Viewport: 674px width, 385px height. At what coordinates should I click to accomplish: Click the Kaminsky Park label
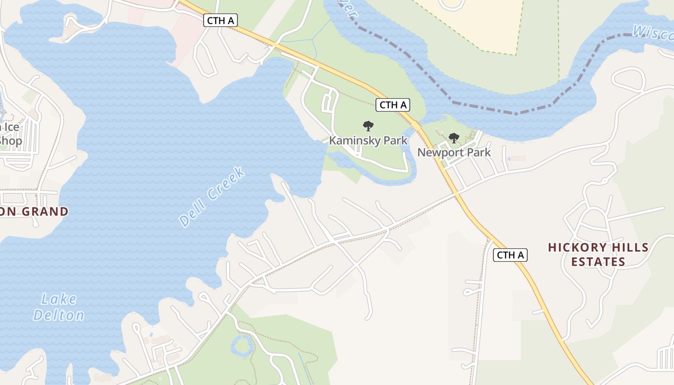pyautogui.click(x=368, y=141)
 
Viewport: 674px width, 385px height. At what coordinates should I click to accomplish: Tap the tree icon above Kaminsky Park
pyautogui.click(x=368, y=127)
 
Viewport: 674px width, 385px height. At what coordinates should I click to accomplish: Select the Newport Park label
pyautogui.click(x=454, y=153)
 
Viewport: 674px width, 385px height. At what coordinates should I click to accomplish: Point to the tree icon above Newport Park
pyautogui.click(x=454, y=139)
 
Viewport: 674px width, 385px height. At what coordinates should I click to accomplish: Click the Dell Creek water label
pyautogui.click(x=212, y=197)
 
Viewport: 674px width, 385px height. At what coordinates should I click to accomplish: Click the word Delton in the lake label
pyautogui.click(x=59, y=315)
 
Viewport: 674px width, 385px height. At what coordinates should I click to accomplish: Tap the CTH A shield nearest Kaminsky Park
pyautogui.click(x=393, y=104)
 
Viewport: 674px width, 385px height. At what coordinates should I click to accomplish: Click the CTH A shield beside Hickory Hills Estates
pyautogui.click(x=510, y=255)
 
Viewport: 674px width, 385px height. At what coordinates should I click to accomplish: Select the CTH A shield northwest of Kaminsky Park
pyautogui.click(x=220, y=20)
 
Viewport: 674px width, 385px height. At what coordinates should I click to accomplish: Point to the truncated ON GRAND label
pyautogui.click(x=34, y=211)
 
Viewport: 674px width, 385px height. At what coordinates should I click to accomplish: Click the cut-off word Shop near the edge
pyautogui.click(x=11, y=141)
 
